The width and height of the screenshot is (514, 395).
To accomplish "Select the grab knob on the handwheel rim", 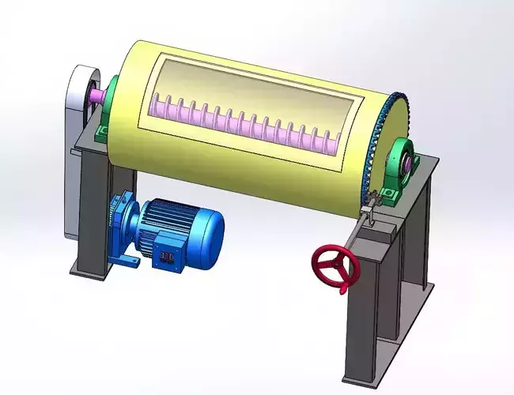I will (346, 289).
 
